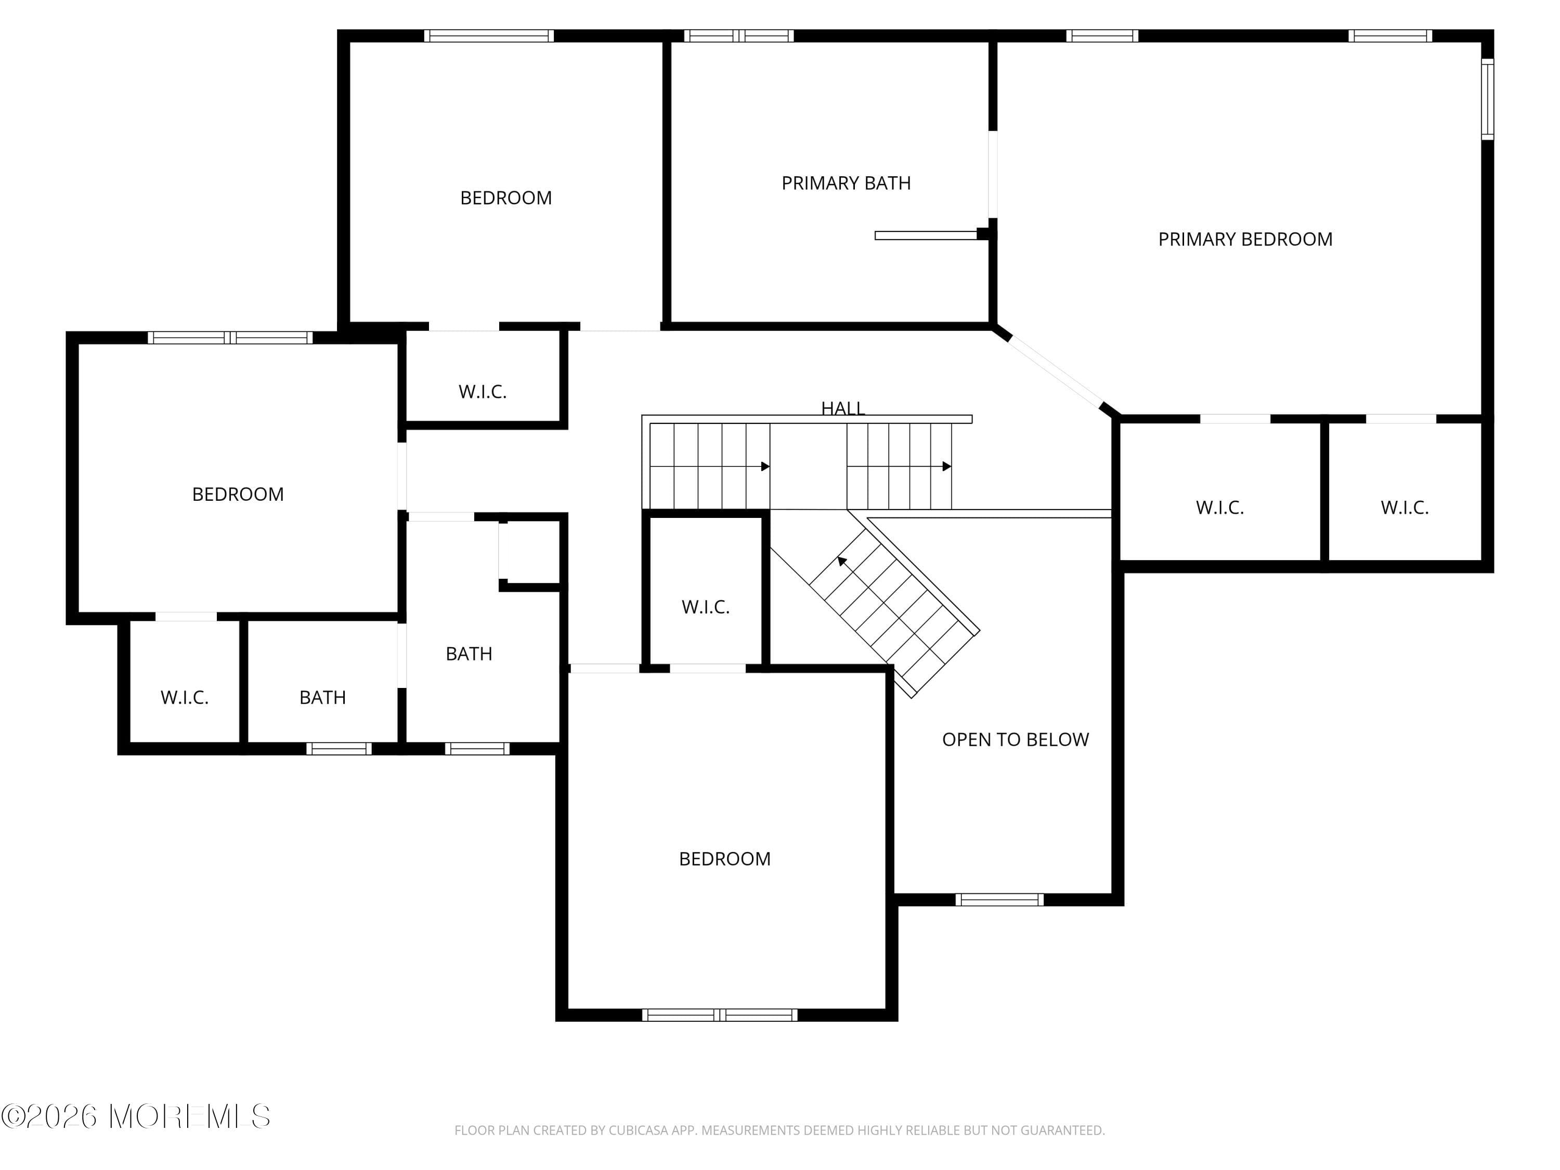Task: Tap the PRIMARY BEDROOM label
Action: coord(1245,240)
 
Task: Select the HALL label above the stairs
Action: coord(843,408)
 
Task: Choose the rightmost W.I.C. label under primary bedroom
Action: coord(1404,508)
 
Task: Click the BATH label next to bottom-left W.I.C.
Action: coord(322,697)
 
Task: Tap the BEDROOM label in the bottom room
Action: coord(724,859)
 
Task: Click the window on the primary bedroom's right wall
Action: coord(1487,99)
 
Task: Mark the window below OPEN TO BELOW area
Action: coord(998,899)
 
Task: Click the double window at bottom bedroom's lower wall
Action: coord(719,1015)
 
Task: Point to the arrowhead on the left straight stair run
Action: coord(765,466)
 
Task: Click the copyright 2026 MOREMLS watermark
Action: coord(135,1116)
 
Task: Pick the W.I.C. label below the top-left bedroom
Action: coord(483,392)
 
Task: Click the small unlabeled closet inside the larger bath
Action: coord(529,552)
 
